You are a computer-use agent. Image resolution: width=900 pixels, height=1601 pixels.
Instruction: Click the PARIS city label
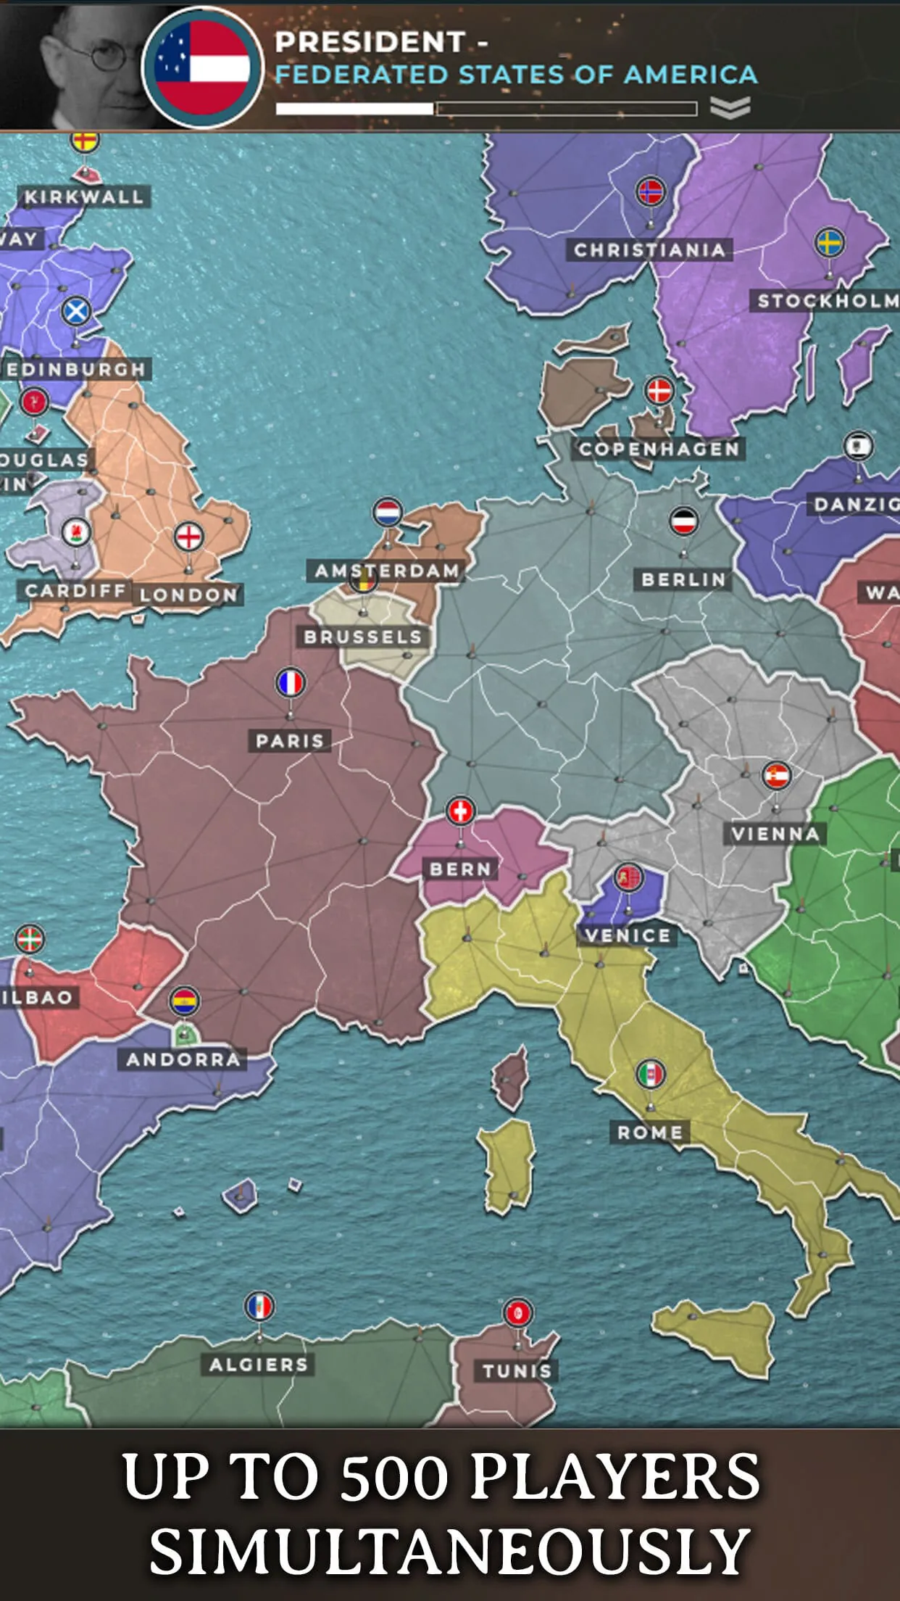tap(290, 741)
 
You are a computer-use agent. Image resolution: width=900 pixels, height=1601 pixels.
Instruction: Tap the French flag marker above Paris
tap(291, 683)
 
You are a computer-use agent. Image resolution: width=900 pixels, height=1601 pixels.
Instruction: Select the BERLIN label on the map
tap(683, 579)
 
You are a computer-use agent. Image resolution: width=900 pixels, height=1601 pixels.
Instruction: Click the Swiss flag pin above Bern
tap(460, 811)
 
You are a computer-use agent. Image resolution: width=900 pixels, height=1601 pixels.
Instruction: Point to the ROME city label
tap(650, 1133)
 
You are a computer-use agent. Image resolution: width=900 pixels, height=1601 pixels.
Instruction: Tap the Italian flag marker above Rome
tap(651, 1074)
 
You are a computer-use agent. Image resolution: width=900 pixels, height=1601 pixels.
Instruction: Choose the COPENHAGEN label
tap(659, 450)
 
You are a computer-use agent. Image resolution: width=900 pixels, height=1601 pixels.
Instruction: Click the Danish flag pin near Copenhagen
tap(659, 391)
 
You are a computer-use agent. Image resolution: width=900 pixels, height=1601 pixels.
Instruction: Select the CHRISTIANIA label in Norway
tap(649, 250)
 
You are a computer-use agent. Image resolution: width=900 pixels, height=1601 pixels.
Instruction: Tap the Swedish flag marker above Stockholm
tap(830, 242)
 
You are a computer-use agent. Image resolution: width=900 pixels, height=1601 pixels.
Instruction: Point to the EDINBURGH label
tap(76, 369)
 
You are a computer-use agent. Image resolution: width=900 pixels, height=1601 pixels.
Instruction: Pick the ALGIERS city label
tap(259, 1365)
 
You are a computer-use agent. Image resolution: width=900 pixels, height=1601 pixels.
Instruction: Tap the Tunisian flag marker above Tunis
tap(517, 1312)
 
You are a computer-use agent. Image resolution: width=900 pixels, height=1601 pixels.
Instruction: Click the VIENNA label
tap(775, 834)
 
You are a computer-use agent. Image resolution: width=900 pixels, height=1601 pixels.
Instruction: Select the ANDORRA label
tap(183, 1059)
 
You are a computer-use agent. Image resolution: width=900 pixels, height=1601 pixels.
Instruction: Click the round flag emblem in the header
tap(202, 67)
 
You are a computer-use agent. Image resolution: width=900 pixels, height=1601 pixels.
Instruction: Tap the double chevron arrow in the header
tap(730, 108)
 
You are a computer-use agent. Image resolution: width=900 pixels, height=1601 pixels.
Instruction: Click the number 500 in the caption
tap(394, 1478)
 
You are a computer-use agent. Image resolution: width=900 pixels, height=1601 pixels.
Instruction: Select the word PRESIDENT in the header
tap(370, 42)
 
